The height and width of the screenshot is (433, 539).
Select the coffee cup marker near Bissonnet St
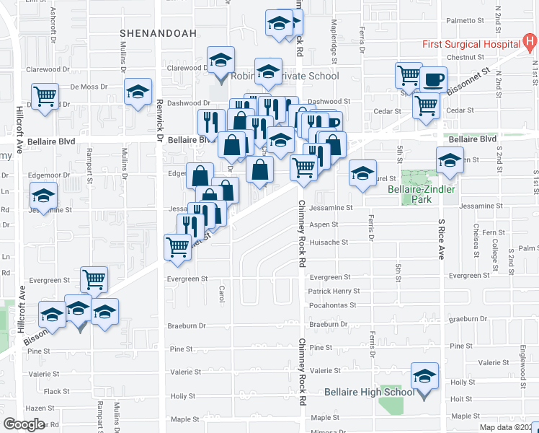click(434, 79)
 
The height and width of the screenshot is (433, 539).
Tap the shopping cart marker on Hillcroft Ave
click(45, 96)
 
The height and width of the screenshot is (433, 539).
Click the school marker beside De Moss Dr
click(138, 92)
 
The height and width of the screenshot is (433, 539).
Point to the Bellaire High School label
click(368, 392)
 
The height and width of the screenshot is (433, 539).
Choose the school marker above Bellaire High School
click(424, 376)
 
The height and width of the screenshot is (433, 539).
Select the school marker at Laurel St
click(363, 172)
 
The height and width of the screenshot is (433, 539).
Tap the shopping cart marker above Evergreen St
click(94, 279)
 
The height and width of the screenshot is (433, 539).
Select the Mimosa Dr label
click(324, 429)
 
